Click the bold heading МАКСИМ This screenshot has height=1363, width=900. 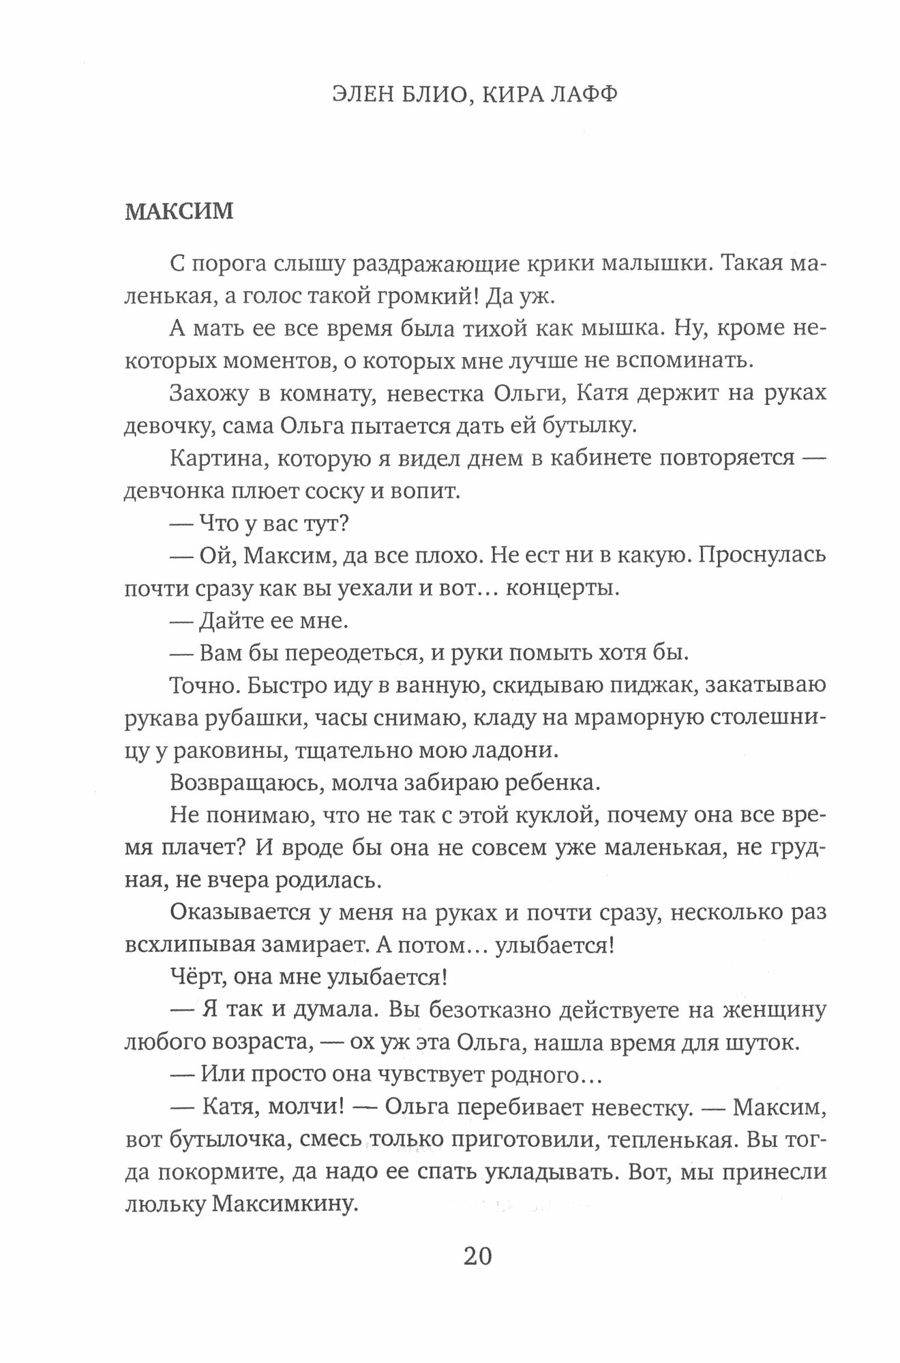coord(179,211)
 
